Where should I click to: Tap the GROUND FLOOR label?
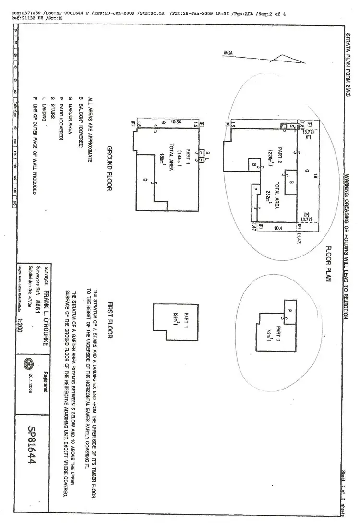(x=109, y=168)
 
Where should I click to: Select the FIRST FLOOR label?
(x=109, y=320)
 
